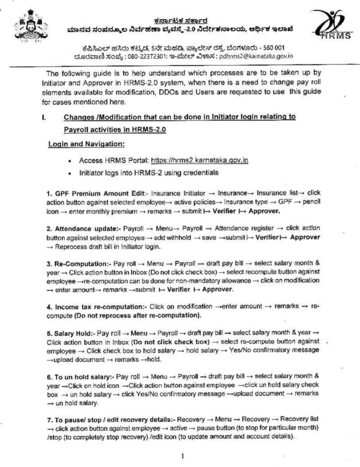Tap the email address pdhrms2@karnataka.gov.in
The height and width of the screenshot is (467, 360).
[x=256, y=56]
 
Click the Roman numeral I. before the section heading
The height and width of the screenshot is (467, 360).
[x=44, y=117]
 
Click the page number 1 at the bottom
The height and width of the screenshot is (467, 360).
[x=183, y=455]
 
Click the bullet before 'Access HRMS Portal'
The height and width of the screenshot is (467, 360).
[x=68, y=161]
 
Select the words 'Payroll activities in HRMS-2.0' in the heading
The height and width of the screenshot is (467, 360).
[x=115, y=130]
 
